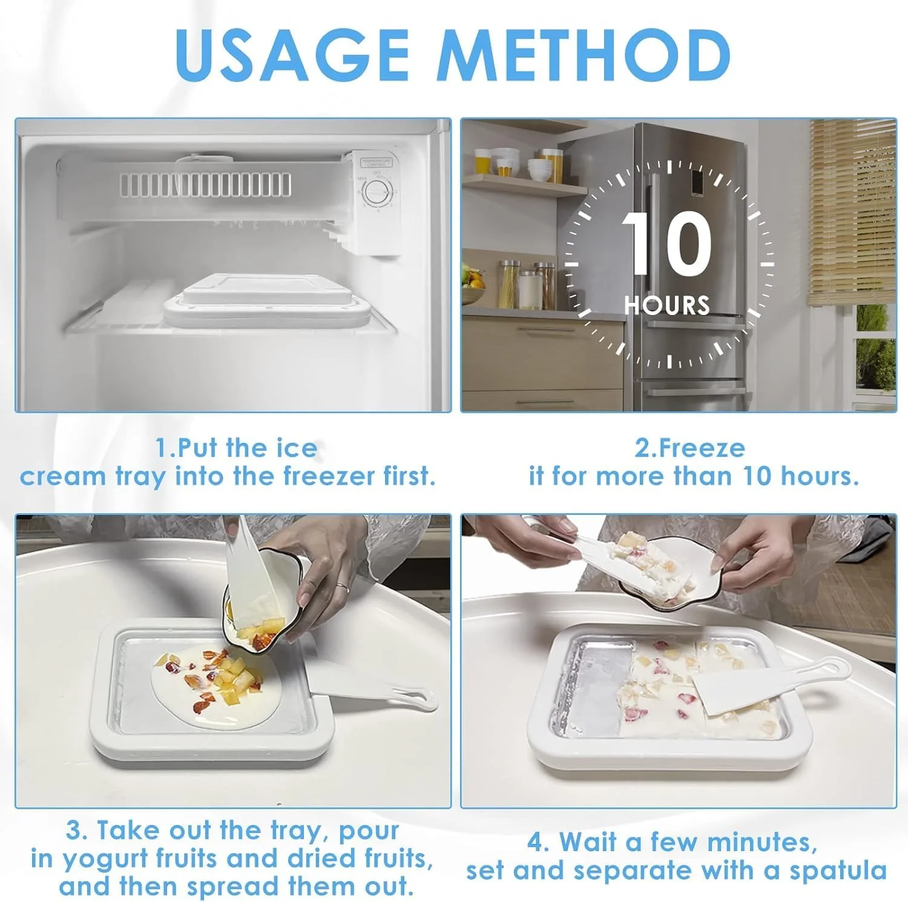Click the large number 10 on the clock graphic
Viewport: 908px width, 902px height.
(668, 244)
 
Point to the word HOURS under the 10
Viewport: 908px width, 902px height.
(667, 305)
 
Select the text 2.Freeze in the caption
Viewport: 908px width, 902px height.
(690, 448)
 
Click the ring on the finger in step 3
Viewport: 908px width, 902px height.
(343, 587)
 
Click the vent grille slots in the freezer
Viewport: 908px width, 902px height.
(205, 185)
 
